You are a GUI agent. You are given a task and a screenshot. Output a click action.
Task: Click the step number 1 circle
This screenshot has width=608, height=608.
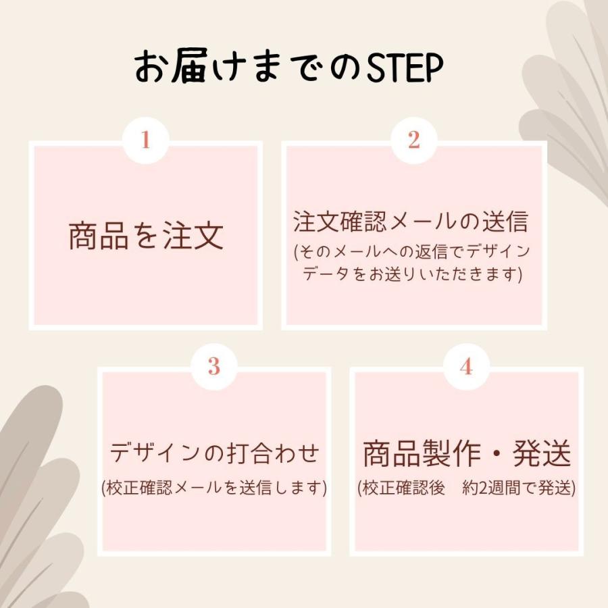pos(145,140)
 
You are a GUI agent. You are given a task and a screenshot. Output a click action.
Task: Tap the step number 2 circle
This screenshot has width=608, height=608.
pos(414,140)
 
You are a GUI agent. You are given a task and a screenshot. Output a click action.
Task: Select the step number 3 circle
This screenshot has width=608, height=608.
pos(214,366)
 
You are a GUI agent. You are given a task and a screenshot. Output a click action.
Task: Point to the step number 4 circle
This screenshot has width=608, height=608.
pos(466,366)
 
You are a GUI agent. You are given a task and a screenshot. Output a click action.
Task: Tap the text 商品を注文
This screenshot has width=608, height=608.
pos(146,236)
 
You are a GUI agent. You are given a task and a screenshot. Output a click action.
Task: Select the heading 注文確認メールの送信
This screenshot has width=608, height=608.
pos(411,222)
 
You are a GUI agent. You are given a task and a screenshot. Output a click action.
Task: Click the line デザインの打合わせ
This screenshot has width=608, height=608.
pos(214,453)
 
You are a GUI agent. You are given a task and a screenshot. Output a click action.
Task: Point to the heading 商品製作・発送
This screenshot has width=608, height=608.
pos(467,453)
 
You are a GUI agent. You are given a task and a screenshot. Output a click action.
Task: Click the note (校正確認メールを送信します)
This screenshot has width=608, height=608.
pos(214,488)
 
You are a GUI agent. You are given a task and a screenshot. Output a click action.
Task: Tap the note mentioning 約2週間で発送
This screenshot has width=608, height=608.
pos(467,488)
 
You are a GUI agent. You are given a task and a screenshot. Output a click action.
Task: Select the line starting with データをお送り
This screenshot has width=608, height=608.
pos(412,274)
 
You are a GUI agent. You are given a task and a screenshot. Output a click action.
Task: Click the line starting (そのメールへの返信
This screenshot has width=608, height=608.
pos(412,252)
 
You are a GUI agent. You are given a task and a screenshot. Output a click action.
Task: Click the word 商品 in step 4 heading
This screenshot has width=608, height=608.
pos(391,453)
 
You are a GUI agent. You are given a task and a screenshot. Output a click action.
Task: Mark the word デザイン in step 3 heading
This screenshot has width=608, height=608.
pos(153,453)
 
